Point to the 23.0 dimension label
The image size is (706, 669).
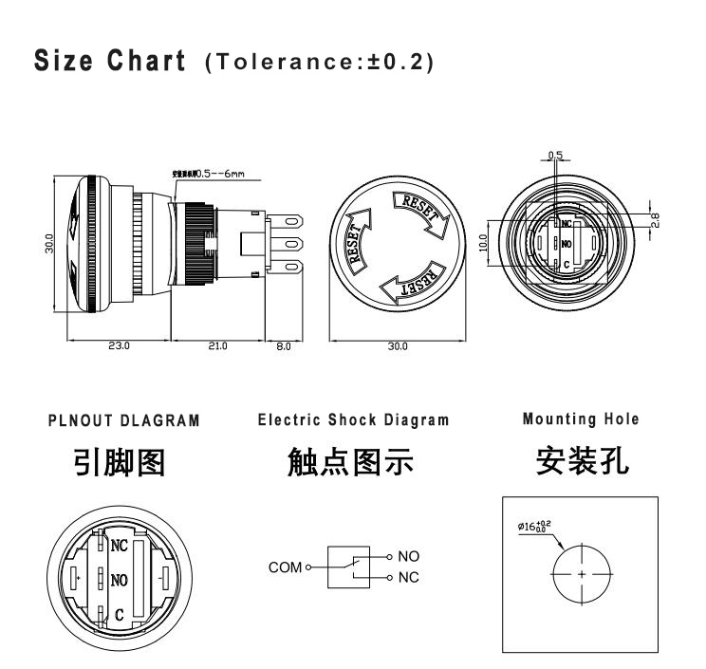[x=119, y=345]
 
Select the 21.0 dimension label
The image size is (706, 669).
[x=217, y=345]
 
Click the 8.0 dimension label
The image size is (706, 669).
[x=283, y=345]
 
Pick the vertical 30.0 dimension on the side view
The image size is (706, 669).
[x=48, y=241]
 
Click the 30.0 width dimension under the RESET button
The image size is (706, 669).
[x=397, y=345]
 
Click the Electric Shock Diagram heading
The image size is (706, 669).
[x=353, y=420]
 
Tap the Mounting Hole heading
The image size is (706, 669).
[x=581, y=418]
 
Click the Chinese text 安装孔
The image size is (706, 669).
[x=580, y=461]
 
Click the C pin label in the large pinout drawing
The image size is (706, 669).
[x=120, y=615]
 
